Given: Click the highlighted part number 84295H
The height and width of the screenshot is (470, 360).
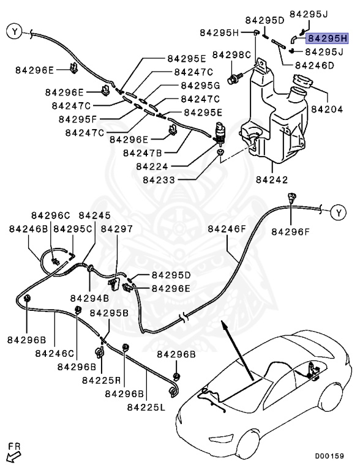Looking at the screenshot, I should [x=328, y=38].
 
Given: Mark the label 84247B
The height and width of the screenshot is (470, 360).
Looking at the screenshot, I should [x=143, y=152].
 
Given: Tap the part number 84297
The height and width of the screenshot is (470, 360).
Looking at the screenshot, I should [x=116, y=228].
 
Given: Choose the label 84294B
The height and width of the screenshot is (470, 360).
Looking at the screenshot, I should [x=89, y=298].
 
